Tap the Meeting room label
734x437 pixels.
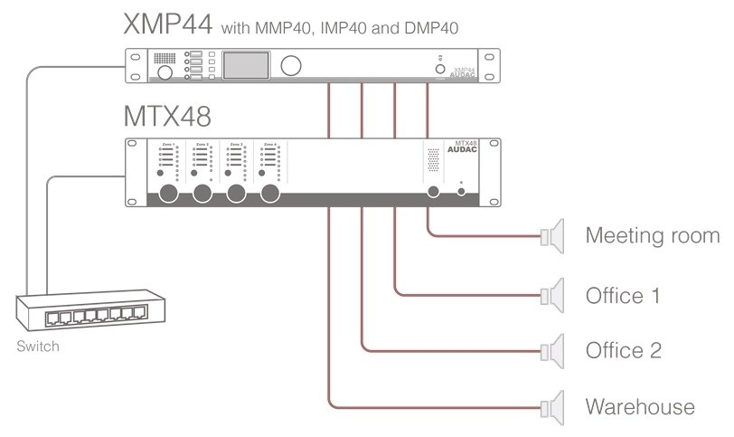click(x=652, y=237)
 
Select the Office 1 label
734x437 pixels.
click(x=623, y=295)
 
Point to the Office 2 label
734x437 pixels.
click(x=624, y=350)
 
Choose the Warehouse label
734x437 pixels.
click(x=640, y=406)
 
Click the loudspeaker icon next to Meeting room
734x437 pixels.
click(x=552, y=238)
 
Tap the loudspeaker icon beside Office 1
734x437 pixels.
click(x=552, y=295)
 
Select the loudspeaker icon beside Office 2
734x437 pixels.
click(x=552, y=350)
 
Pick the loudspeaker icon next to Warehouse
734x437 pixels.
click(x=552, y=406)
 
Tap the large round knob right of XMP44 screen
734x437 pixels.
click(x=292, y=66)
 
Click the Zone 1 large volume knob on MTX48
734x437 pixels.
click(x=167, y=194)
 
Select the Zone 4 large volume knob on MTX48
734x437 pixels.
click(x=269, y=194)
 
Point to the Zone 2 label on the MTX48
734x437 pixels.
click(x=202, y=145)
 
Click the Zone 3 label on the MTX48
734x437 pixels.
click(x=236, y=145)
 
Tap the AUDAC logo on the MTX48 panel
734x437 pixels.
click(x=465, y=150)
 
